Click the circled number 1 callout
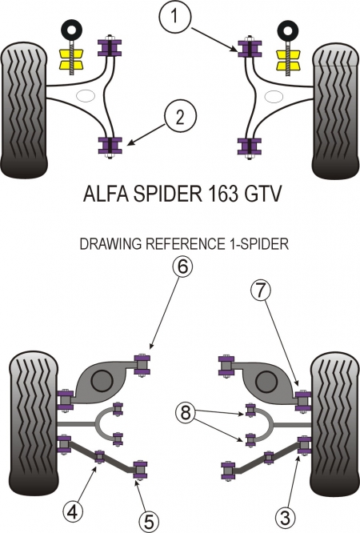tap(175, 16)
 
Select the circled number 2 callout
tap(180, 117)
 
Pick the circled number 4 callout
tap(74, 511)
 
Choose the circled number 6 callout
tap(182, 267)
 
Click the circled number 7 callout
tap(261, 291)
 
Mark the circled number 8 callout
tap(186, 413)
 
